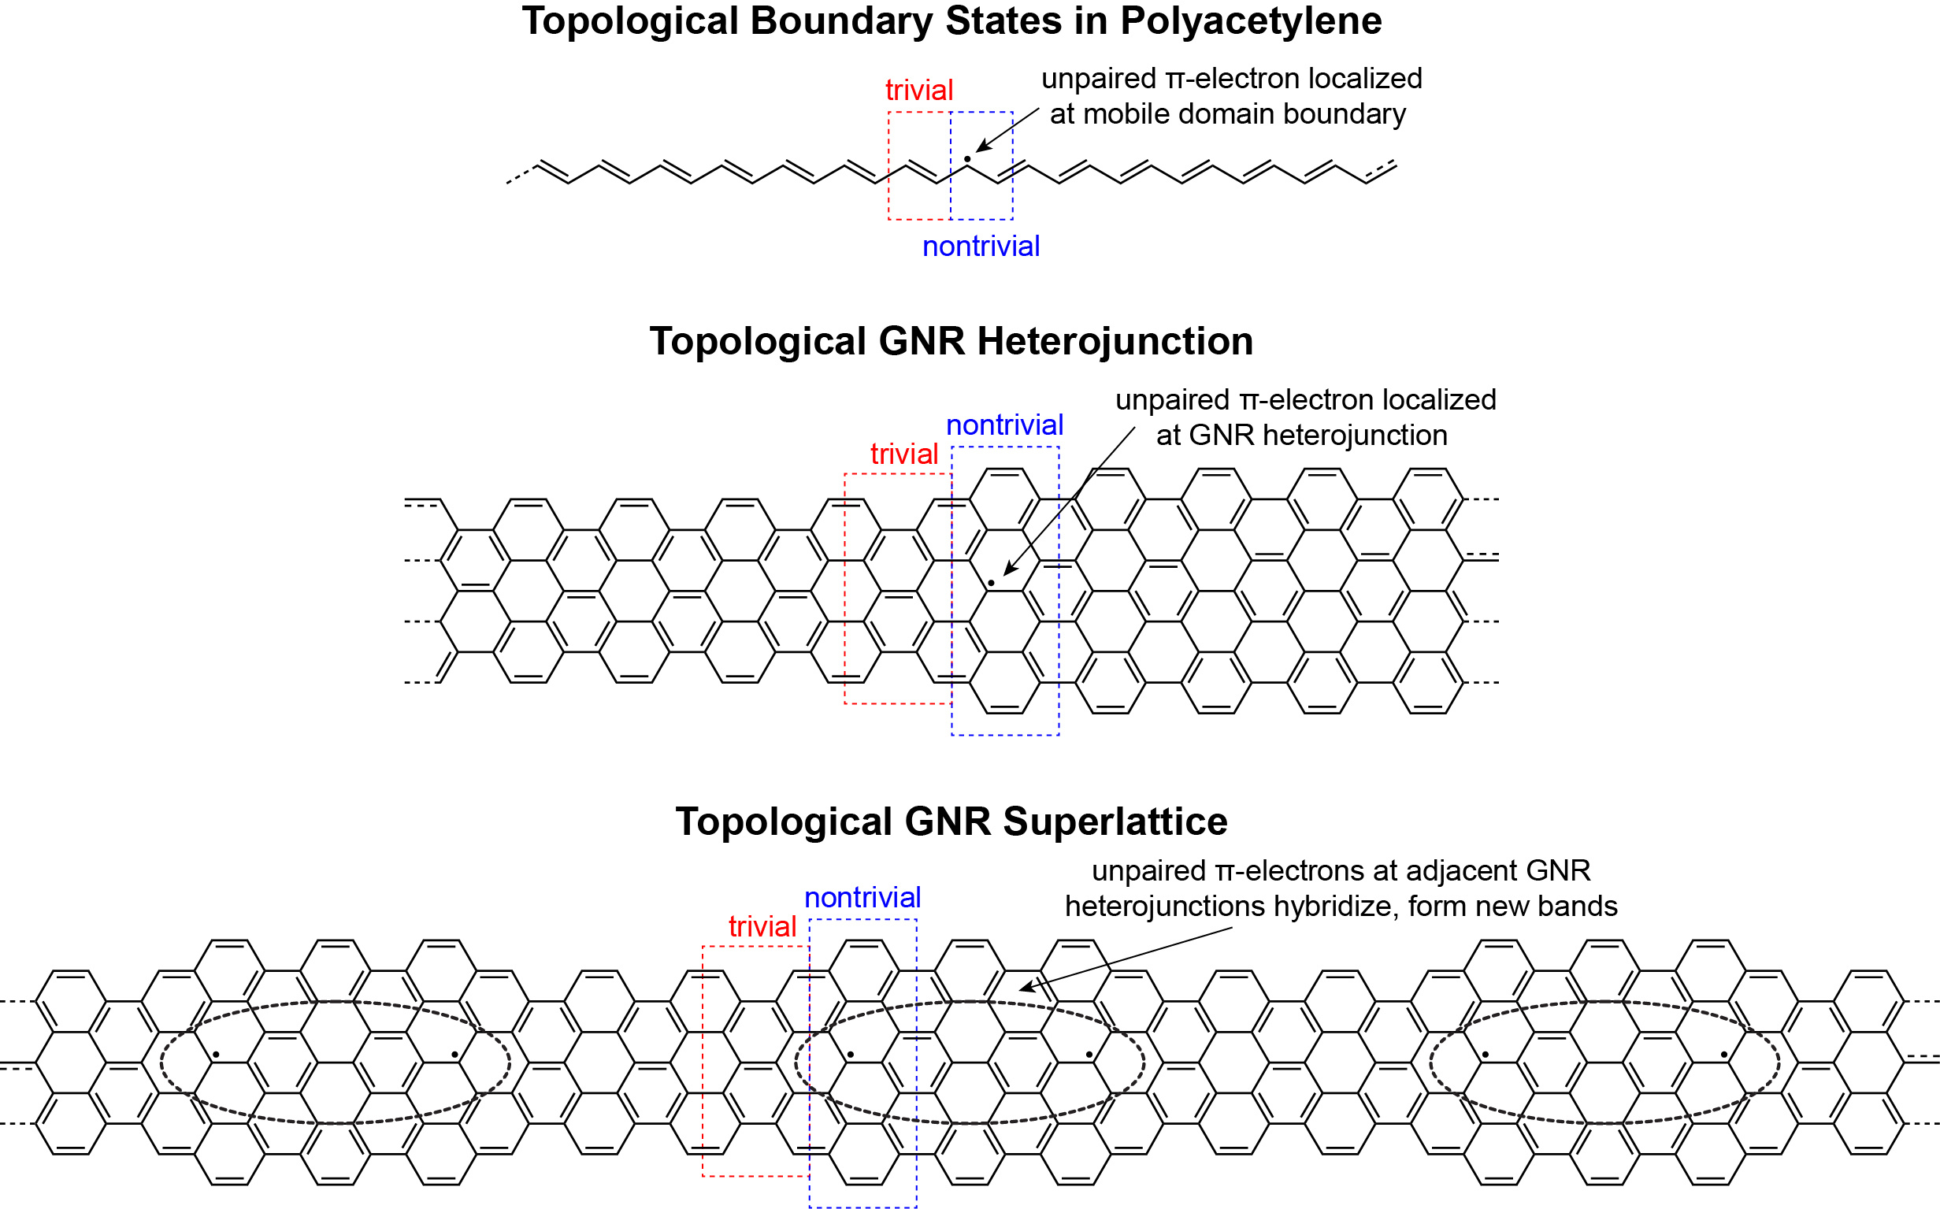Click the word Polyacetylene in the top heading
[x=1251, y=21]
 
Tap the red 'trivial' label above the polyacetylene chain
[x=919, y=90]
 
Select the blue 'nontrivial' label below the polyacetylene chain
[x=981, y=246]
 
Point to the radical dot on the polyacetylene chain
[x=966, y=159]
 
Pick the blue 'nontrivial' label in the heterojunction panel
[x=1004, y=425]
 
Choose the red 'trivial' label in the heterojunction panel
[x=903, y=454]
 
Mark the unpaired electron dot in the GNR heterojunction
[x=991, y=583]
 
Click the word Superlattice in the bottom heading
[x=1115, y=821]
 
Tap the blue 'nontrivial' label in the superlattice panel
[x=862, y=897]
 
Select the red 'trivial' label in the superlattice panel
[x=762, y=926]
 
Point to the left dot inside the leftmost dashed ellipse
[x=216, y=1055]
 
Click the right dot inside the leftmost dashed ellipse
[x=455, y=1055]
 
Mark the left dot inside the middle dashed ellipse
[x=850, y=1055]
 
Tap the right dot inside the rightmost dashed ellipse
[x=1724, y=1055]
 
